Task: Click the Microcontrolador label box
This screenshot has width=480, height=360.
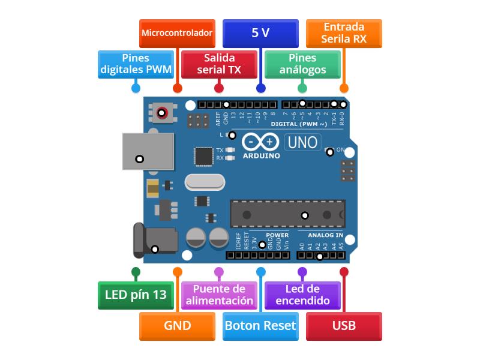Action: point(177,33)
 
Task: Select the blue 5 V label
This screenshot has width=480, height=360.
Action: point(260,33)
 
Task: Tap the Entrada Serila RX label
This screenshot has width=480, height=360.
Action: point(344,33)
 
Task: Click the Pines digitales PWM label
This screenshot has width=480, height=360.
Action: point(136,64)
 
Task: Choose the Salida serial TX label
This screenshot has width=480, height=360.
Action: point(219,64)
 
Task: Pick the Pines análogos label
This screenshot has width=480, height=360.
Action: point(302,64)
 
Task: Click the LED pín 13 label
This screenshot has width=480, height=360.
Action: point(136,295)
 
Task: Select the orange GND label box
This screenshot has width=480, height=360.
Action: point(177,326)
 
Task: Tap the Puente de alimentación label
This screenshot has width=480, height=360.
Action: point(219,295)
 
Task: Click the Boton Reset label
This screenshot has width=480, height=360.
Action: point(260,326)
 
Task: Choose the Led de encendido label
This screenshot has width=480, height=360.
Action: point(302,295)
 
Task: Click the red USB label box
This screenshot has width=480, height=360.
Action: point(344,326)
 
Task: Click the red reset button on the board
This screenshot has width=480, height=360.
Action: point(162,112)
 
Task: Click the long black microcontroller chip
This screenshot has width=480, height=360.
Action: point(287,214)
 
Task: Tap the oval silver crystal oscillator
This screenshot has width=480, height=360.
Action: point(203,181)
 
